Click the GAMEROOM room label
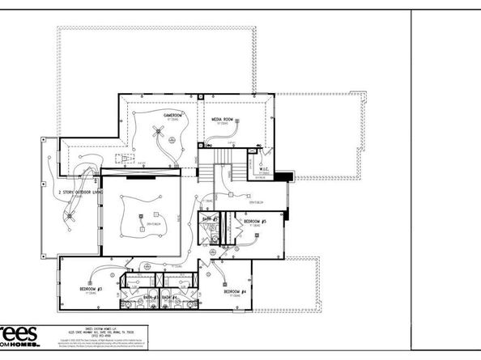[172, 115]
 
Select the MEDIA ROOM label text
[223, 120]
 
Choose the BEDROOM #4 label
[235, 291]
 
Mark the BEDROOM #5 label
[254, 221]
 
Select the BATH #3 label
[150, 298]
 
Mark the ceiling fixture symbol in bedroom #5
[254, 235]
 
